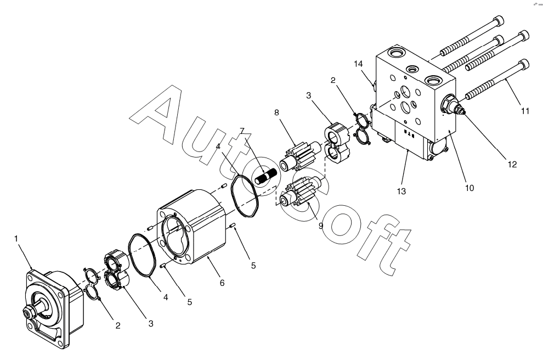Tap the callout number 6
coord(222,283)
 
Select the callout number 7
coord(242,130)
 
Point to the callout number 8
coord(276,113)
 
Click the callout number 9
coord(321,225)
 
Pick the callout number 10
coord(470,188)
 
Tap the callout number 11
coord(525,111)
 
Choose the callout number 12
coord(512,164)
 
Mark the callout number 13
coord(401,191)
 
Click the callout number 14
coord(358,64)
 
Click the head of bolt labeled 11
coord(523,65)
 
